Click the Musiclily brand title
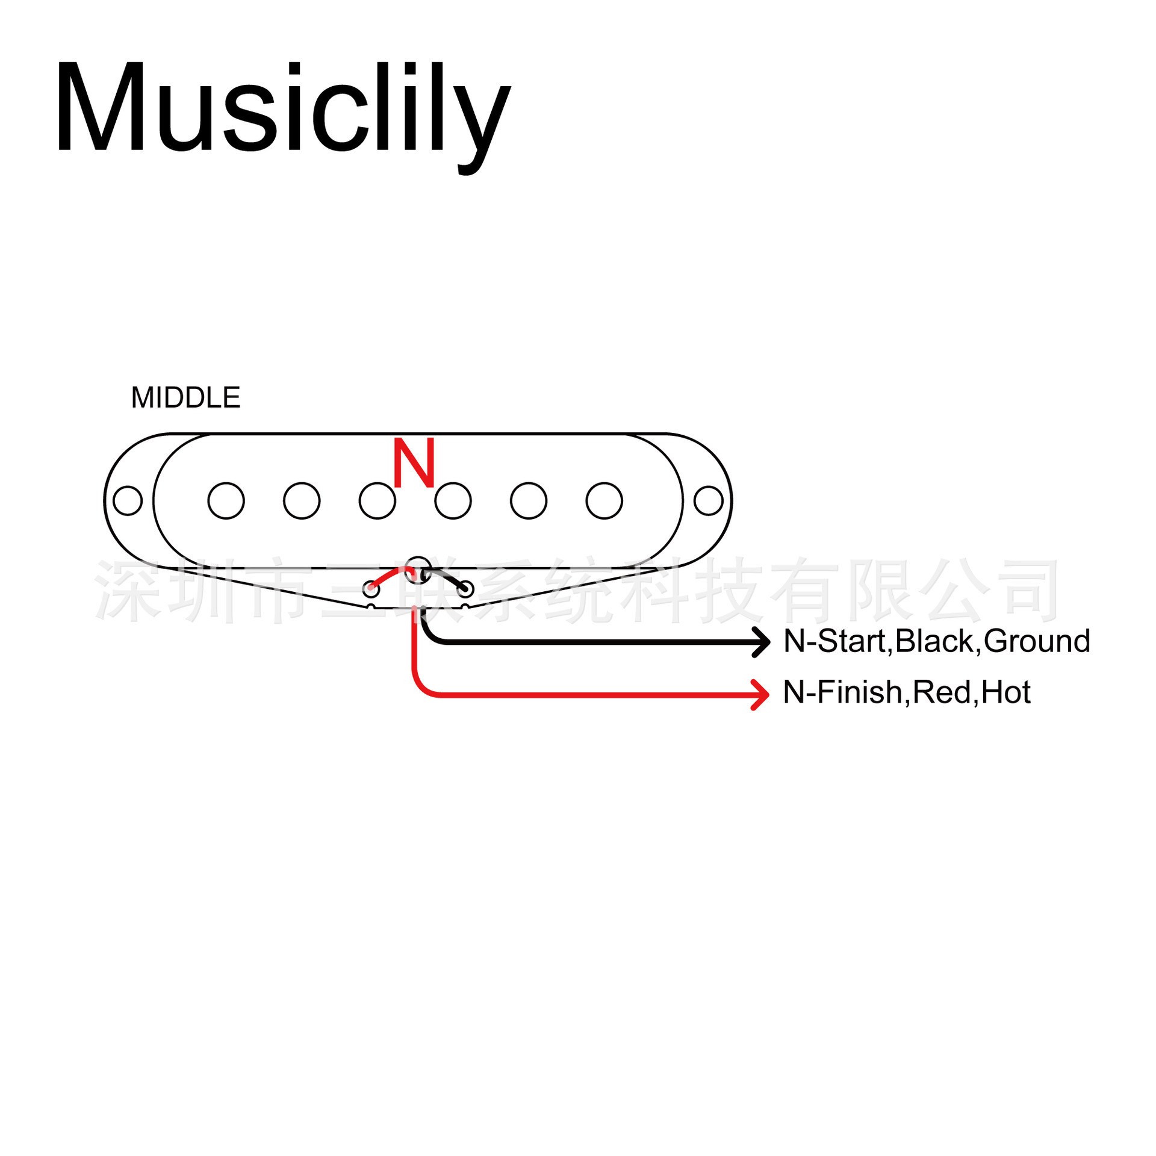click(x=283, y=108)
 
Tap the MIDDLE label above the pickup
click(x=185, y=398)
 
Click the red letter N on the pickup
click(x=414, y=462)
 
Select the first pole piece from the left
click(x=226, y=500)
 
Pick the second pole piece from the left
click(x=302, y=500)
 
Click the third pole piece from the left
click(x=378, y=500)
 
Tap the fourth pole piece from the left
click(x=453, y=500)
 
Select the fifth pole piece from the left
click(x=529, y=500)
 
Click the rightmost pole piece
click(x=604, y=500)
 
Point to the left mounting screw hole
click(x=128, y=500)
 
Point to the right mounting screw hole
click(x=708, y=500)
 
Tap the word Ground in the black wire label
click(x=1037, y=641)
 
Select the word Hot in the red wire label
click(x=1006, y=692)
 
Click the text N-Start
click(x=834, y=641)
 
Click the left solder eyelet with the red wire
click(x=371, y=588)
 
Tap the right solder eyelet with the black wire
click(x=465, y=588)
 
